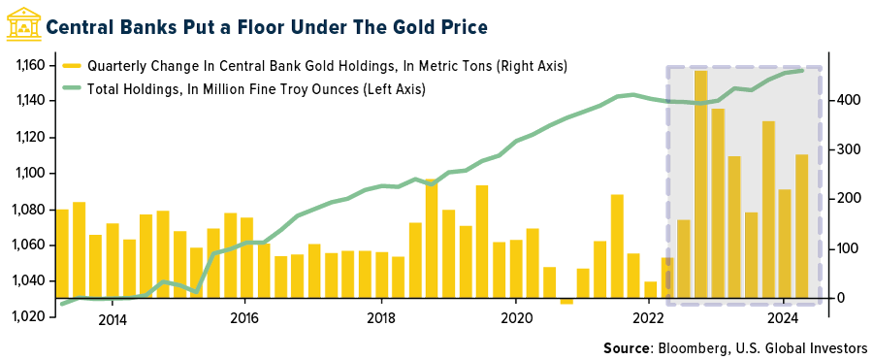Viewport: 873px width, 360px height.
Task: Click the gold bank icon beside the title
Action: click(21, 24)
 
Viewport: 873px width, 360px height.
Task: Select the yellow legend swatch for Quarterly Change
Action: click(74, 66)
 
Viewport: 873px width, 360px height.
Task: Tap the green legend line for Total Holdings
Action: click(74, 88)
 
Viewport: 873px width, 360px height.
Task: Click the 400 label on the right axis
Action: click(848, 100)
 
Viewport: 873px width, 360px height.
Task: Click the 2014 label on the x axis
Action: click(112, 321)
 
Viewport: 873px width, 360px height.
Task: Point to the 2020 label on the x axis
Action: click(516, 321)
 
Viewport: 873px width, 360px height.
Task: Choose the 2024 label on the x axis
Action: click(783, 321)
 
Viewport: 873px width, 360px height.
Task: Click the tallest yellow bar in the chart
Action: click(701, 184)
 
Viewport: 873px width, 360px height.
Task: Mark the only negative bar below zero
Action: click(566, 301)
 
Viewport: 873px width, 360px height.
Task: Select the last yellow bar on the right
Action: click(802, 226)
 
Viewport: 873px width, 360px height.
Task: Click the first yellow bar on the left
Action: click(62, 253)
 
